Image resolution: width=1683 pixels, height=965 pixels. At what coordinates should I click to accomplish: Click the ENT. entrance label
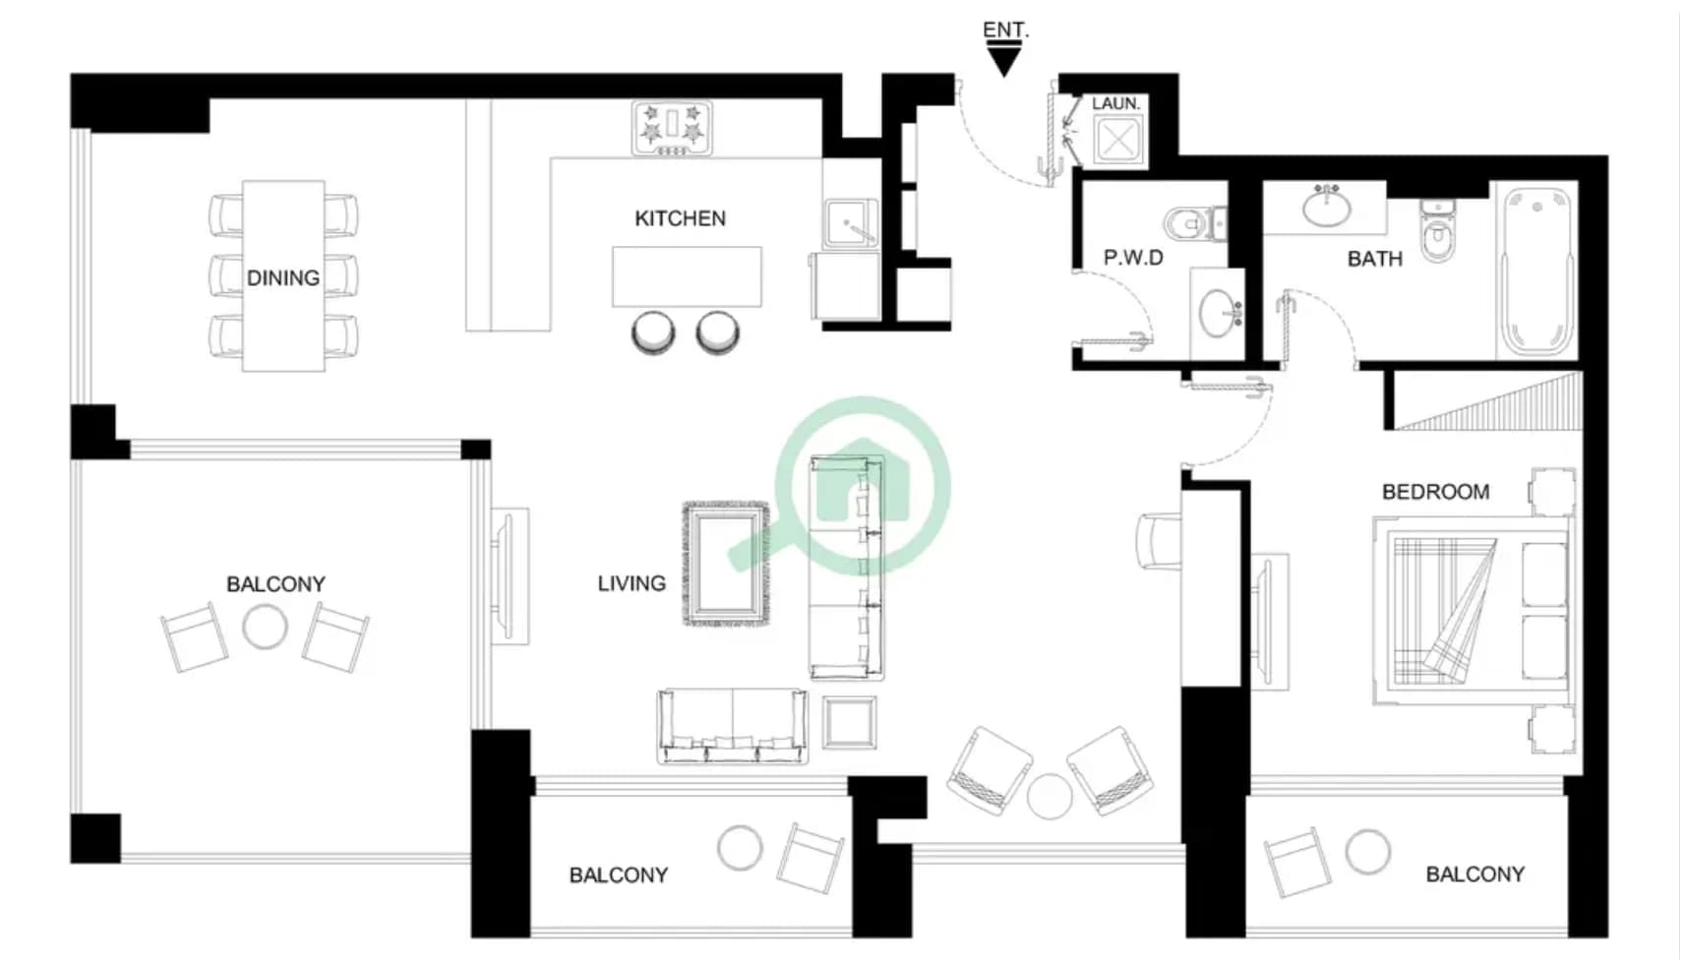coord(1005,30)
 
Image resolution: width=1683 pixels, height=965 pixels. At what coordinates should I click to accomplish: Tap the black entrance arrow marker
coord(1004,59)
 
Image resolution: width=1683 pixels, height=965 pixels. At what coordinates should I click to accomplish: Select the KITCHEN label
coord(680,218)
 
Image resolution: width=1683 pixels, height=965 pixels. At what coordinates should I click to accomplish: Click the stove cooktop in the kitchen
coord(672,129)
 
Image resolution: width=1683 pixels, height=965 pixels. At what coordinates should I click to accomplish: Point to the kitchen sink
coord(851,223)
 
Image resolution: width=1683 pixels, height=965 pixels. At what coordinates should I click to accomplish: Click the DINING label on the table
coord(283,278)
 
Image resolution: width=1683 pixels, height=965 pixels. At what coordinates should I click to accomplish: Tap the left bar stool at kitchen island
coord(653,332)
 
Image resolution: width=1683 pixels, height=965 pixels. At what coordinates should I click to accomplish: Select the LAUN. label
coord(1115,103)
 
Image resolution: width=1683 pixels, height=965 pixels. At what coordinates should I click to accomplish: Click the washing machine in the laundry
coord(1119,140)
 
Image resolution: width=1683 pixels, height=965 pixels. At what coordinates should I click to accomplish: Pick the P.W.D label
coord(1133,258)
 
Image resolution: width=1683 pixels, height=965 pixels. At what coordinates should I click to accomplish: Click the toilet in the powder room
coord(1195,223)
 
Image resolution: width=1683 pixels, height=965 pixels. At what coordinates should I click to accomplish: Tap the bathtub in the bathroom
coord(1536,271)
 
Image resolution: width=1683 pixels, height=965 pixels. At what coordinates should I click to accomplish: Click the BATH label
coord(1374,260)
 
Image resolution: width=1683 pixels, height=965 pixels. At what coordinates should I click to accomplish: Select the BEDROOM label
coord(1435,492)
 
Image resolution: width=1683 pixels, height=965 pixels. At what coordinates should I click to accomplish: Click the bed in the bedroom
coord(1473,610)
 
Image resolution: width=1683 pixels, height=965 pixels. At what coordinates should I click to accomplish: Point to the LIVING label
coord(631,584)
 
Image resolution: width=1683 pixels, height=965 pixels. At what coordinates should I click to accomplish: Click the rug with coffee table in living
coord(726,564)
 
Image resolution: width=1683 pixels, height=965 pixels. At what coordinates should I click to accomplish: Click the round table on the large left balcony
coord(265,626)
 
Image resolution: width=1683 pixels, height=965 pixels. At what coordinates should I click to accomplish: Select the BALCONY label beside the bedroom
coord(1474,875)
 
